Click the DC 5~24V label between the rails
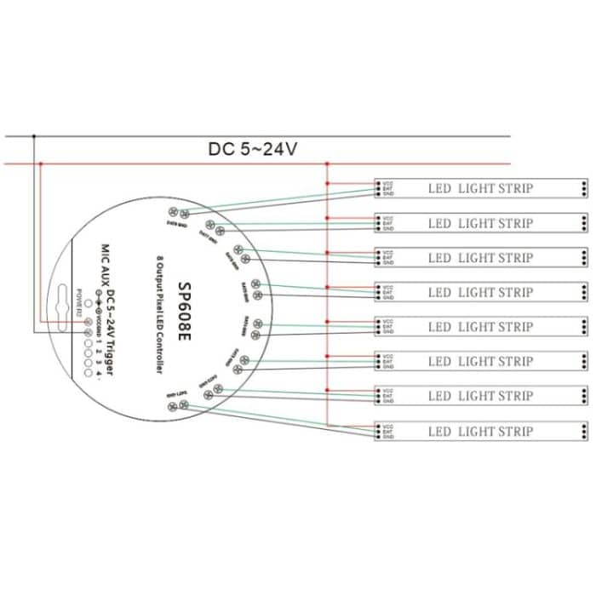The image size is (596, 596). tap(253, 149)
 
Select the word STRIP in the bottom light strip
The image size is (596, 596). tap(516, 431)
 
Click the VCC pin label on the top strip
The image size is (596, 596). tap(387, 182)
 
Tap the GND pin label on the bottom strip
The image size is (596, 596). tap(387, 437)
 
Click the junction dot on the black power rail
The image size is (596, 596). tap(34, 135)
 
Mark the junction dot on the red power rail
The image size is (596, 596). tap(328, 163)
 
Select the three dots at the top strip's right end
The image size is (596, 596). tap(583, 188)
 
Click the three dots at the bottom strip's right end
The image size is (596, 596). tap(583, 431)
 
